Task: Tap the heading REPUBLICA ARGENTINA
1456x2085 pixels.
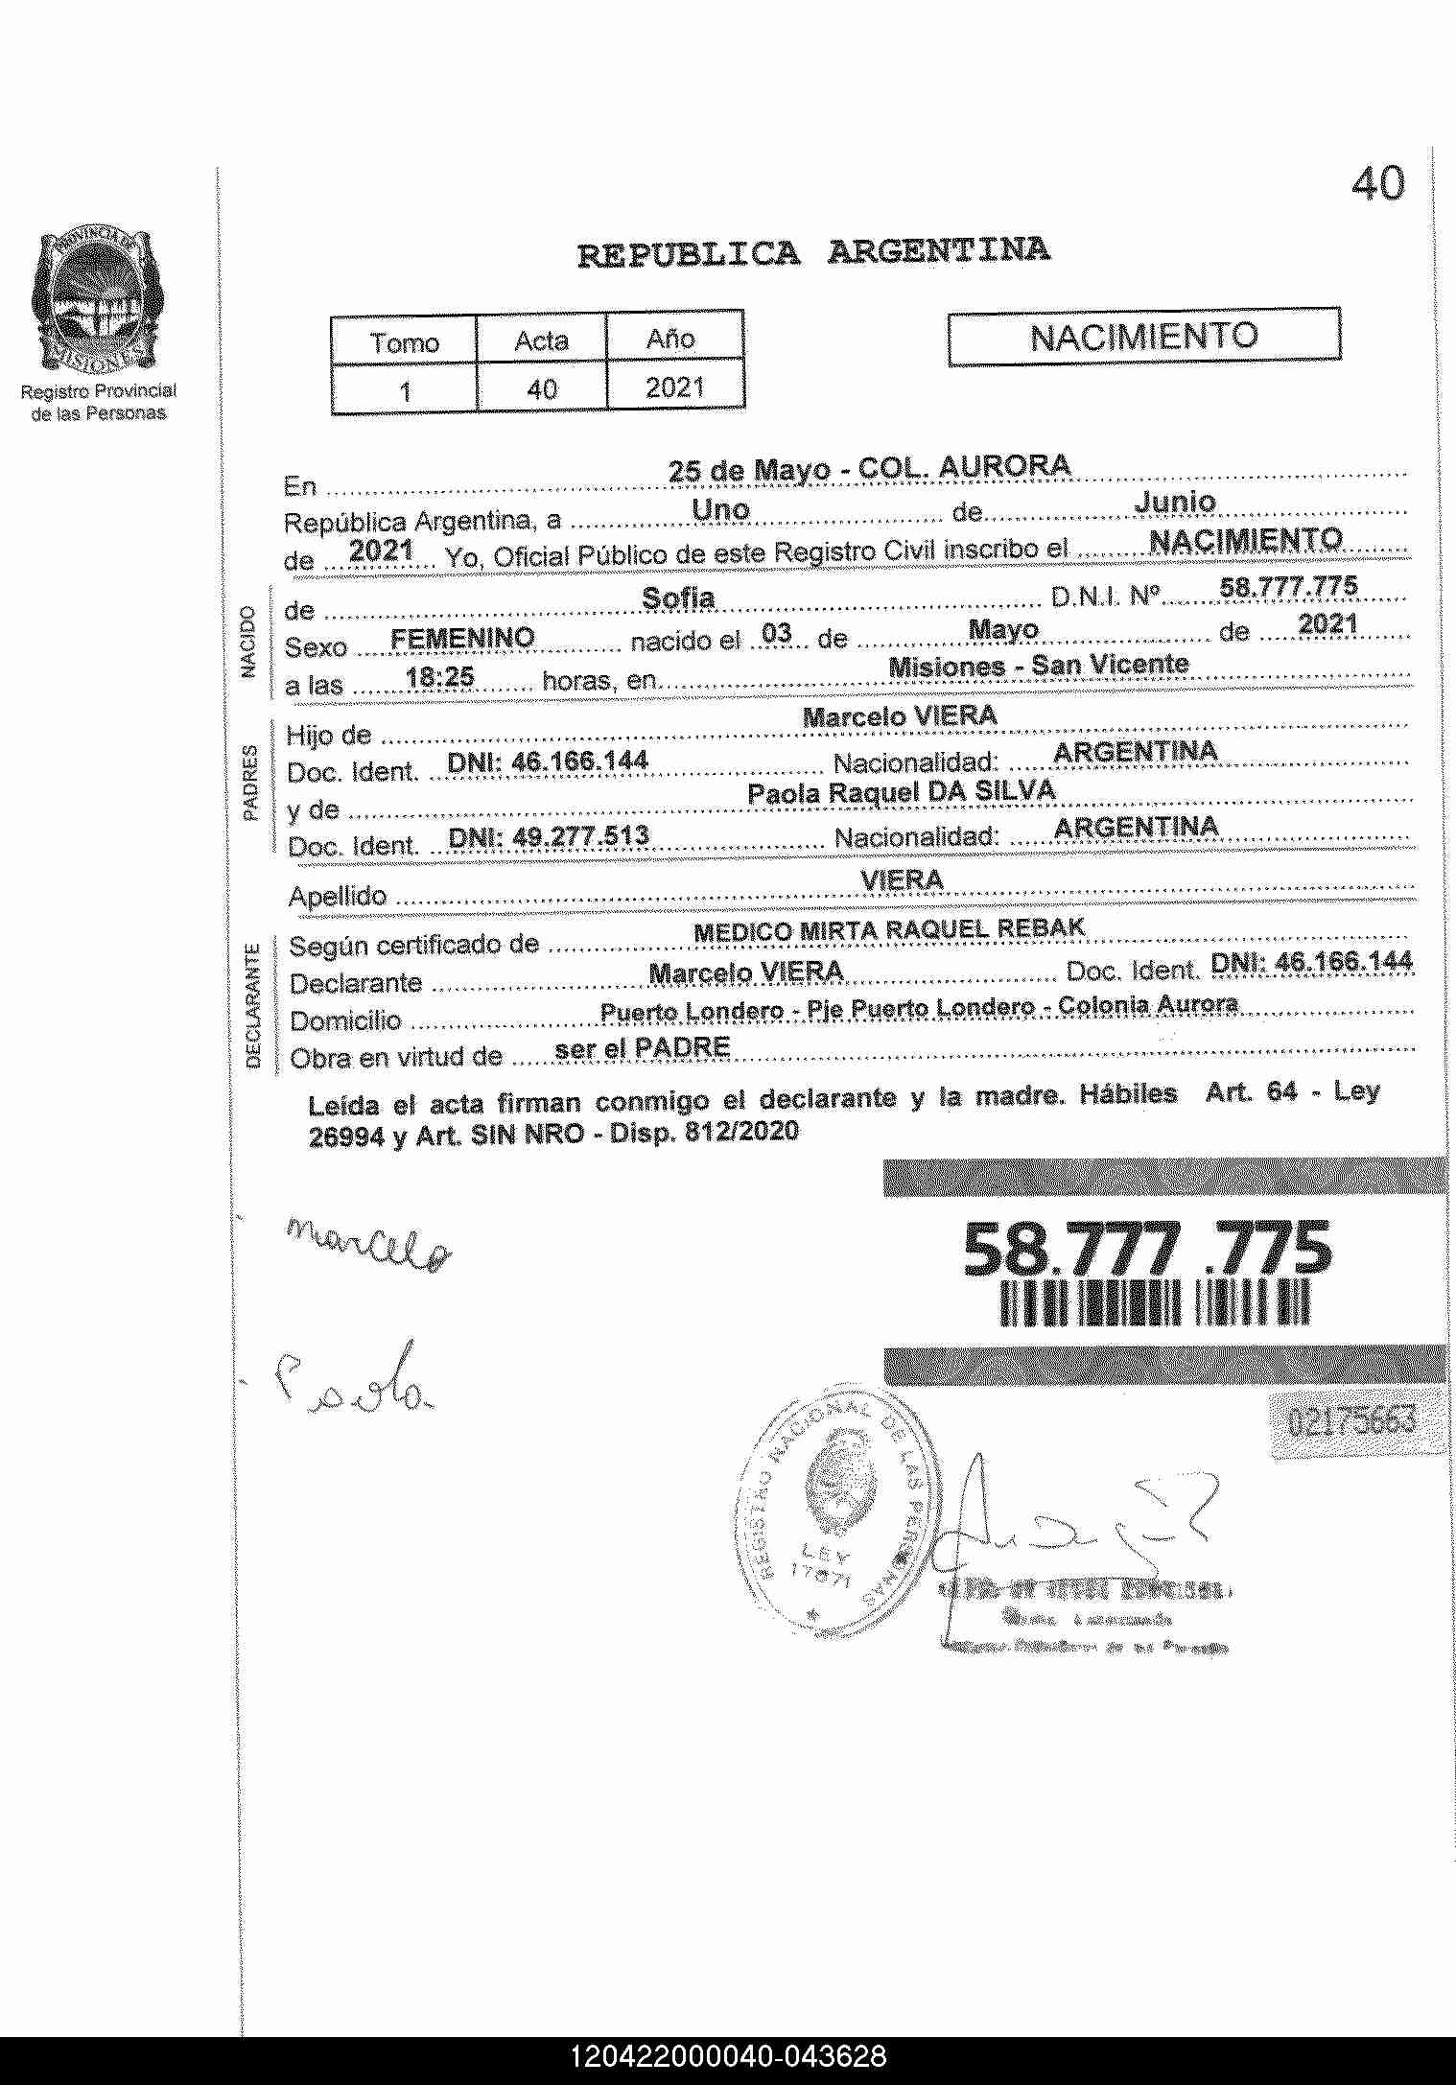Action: coord(812,252)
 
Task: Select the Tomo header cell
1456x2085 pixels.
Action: coord(404,342)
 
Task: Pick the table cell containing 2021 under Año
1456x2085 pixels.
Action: coord(674,387)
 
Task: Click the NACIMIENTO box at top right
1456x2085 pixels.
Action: coord(1143,337)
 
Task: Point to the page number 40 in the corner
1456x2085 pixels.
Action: coord(1377,183)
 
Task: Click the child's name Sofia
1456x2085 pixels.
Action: coord(678,598)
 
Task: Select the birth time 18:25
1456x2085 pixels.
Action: coord(440,677)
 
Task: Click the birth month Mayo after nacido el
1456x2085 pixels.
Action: coord(1003,630)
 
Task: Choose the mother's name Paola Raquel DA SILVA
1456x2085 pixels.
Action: coord(901,791)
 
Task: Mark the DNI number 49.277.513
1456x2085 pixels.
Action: coord(549,836)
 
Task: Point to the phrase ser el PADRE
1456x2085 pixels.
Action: coord(643,1048)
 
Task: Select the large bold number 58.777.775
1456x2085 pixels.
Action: coord(1147,1249)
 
